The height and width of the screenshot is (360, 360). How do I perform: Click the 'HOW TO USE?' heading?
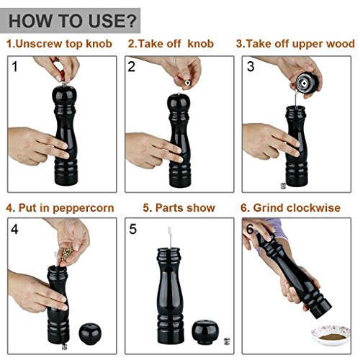(x=73, y=21)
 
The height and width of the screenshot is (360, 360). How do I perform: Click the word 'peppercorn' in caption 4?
(x=84, y=208)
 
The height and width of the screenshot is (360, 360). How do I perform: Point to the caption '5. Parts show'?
(x=179, y=207)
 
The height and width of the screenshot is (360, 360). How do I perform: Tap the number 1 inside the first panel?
(x=15, y=66)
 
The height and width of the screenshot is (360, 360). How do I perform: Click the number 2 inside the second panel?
(x=131, y=66)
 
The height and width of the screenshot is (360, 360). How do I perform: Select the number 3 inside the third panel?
(x=251, y=66)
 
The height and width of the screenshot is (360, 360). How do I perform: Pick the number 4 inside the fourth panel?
(x=14, y=229)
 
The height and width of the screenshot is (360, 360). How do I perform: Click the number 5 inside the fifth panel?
(x=132, y=229)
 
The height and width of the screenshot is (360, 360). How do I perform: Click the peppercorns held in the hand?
(x=67, y=253)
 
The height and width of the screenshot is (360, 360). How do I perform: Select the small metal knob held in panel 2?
(x=187, y=83)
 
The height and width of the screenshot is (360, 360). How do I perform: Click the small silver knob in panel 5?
(x=227, y=341)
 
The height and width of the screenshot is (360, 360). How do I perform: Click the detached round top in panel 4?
(x=90, y=333)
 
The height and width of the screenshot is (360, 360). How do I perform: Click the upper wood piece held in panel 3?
(x=307, y=83)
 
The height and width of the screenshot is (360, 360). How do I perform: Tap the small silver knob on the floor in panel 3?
(x=283, y=186)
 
